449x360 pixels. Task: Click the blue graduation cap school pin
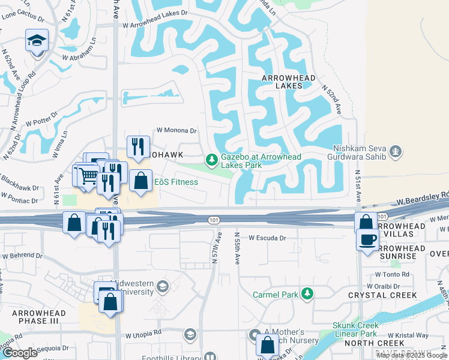click(x=37, y=41)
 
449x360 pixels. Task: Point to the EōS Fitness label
click(x=176, y=182)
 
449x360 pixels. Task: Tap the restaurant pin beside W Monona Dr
click(x=138, y=146)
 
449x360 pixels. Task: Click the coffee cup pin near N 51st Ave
click(x=367, y=239)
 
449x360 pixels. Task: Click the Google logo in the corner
click(x=20, y=353)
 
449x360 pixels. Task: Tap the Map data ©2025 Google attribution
click(x=412, y=355)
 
